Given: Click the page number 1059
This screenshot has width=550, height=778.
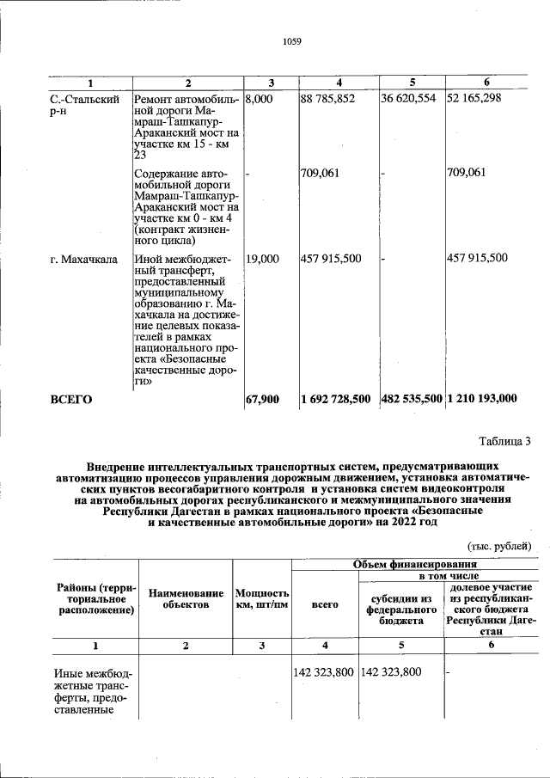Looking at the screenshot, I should coord(291,40).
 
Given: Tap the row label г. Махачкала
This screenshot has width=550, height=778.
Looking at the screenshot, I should coord(83,258).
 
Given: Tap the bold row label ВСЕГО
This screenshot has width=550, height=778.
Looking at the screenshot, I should coord(71,399).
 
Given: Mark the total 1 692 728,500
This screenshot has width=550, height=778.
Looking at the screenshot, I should coord(336,399).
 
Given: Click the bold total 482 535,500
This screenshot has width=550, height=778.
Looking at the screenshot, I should coord(411,399).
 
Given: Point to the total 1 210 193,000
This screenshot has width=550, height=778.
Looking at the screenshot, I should coord(482,399).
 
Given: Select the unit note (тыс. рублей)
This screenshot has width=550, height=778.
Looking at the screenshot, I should coord(499,546).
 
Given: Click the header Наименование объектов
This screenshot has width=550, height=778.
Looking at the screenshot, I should coord(186,599).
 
